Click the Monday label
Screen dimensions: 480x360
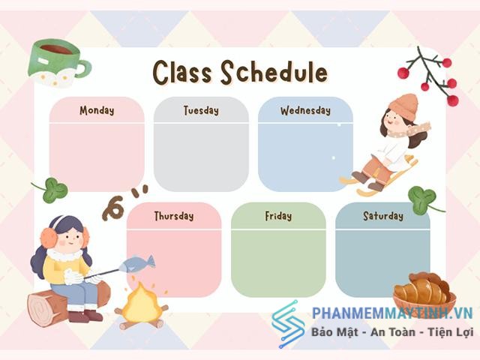97,110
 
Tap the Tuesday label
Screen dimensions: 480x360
201,110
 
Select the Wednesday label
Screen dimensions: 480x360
305,110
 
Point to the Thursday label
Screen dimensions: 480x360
174,216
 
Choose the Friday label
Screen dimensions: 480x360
278,216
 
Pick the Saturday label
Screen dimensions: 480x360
383,216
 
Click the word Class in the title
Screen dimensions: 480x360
182,72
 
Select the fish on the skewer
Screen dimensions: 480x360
136,264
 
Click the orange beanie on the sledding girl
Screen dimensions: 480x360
403,104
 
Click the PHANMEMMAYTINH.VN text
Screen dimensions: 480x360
392,313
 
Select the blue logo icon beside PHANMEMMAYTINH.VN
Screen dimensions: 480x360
288,325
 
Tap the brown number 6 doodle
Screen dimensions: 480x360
114,208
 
